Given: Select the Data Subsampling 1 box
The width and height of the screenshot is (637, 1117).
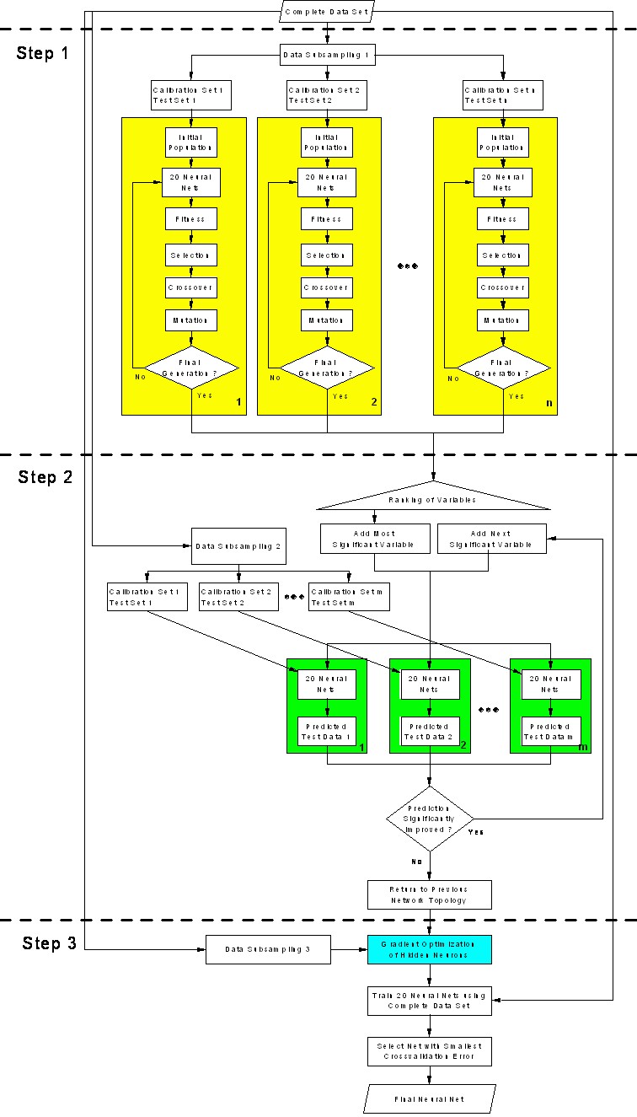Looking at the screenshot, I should coord(326,55).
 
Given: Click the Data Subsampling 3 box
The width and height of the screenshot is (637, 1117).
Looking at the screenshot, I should coord(268,949).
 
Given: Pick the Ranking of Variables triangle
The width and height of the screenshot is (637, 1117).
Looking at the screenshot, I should coord(433,498).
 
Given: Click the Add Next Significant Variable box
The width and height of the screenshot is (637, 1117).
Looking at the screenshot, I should coord(491,539).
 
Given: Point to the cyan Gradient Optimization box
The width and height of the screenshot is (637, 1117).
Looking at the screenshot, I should coord(429,949).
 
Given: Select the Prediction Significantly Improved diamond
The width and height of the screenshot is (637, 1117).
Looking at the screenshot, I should coord(430,819).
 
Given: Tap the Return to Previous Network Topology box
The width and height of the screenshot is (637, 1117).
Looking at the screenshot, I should coord(429,894).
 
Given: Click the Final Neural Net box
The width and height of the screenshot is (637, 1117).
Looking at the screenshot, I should coord(429,1099).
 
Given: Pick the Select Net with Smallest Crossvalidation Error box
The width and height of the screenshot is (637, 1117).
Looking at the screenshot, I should coord(429,1051).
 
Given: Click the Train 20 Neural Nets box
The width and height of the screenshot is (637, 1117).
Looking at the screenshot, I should coord(429,1001).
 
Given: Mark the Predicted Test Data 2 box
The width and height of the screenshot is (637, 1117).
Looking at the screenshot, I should coord(429,732).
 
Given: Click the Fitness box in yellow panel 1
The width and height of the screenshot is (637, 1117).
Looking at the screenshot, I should coord(190,219).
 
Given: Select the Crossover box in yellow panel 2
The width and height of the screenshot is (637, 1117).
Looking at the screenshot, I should coord(327,287).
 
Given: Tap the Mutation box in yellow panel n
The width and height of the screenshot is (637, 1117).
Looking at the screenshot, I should coord(503,320).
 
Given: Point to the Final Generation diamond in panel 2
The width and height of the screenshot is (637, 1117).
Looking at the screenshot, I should coord(327,368).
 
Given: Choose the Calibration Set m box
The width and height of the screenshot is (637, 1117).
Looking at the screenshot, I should coord(349,597).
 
